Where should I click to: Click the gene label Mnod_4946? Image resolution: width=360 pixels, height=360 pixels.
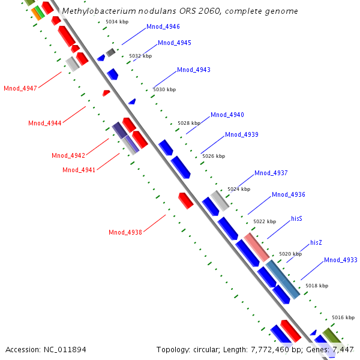point(163,27)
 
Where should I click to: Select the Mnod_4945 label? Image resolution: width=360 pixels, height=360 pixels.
point(175,43)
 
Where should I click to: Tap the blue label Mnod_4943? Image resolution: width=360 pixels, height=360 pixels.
point(193,70)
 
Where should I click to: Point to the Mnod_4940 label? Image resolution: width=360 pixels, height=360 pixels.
point(227,115)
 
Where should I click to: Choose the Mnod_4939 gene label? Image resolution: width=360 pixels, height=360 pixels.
point(241,134)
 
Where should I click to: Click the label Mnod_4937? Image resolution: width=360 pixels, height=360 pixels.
point(271,173)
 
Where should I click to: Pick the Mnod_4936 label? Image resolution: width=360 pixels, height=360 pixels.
point(288,194)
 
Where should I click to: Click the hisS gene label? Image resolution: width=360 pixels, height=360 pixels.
point(296,219)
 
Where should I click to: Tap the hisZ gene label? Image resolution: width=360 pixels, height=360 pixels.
point(316,242)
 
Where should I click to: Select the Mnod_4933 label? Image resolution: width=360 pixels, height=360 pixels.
point(340,260)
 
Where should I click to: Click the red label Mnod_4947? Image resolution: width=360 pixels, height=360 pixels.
point(20,89)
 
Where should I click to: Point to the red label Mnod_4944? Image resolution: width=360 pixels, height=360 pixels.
point(44,123)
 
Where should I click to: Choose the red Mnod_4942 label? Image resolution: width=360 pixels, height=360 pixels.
point(68,155)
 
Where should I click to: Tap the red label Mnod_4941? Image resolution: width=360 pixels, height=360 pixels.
point(79,170)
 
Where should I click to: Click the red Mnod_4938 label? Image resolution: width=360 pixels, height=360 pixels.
point(125,232)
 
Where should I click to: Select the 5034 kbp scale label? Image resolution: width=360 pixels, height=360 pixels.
point(116,22)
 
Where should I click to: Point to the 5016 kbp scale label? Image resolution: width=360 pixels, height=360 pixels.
point(343,317)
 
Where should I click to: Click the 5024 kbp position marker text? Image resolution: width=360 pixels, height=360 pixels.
point(238,189)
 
